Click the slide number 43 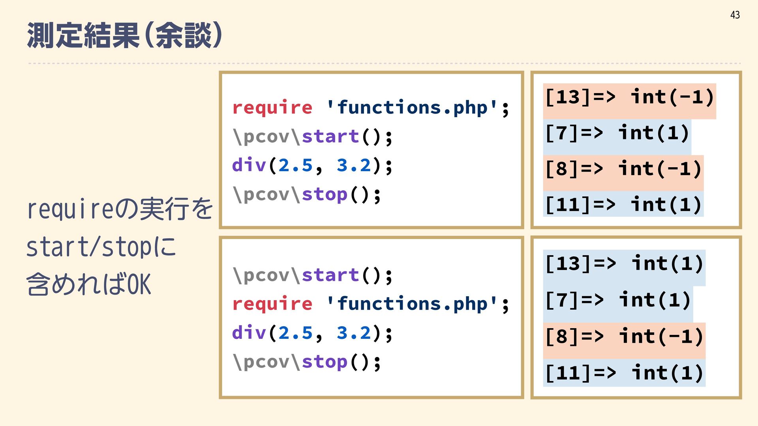[735, 15]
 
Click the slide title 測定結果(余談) [124, 35]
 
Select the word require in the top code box [272, 108]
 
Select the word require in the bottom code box [272, 304]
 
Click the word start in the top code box [330, 136]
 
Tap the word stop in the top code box [325, 194]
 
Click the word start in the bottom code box [330, 275]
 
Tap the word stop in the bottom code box [325, 362]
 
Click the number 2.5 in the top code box [295, 165]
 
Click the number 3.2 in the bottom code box [354, 333]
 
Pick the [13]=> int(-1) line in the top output [629, 97]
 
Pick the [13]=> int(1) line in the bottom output [624, 264]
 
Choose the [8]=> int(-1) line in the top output [623, 169]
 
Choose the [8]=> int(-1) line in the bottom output [624, 337]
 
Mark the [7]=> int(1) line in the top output [617, 133]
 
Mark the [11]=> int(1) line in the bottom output [624, 373]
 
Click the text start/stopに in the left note [101, 247]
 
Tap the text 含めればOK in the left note [89, 284]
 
